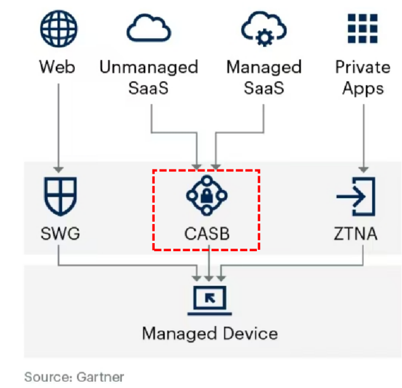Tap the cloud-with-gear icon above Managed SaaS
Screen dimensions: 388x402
coord(263,28)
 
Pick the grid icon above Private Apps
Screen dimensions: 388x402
coord(363,27)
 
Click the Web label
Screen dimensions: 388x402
coord(58,66)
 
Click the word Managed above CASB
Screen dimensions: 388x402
coord(264,66)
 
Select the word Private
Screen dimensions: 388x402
coord(363,66)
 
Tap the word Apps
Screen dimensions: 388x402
coord(363,88)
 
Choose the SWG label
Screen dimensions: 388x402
coord(58,234)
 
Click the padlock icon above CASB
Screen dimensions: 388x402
coord(207,196)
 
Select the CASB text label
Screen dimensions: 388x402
coord(207,234)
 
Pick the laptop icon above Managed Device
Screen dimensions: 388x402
coord(209,299)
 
